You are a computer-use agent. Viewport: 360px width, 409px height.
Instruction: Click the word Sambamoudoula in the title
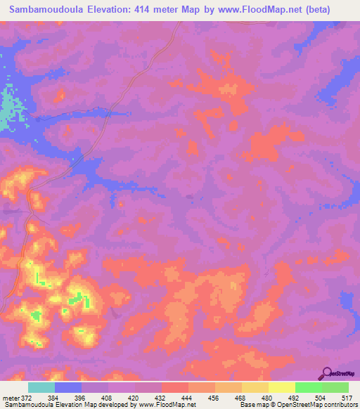pyautogui.click(x=46, y=10)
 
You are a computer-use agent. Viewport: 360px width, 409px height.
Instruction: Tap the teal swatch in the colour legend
pyautogui.click(x=41, y=388)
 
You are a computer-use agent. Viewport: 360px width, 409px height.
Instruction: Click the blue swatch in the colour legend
pyautogui.click(x=68, y=388)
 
